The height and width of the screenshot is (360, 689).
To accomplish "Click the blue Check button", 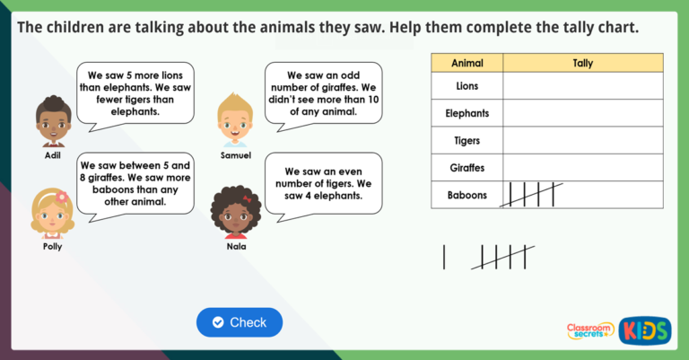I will tap(240, 322).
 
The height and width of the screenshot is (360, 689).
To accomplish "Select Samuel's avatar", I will tap(234, 119).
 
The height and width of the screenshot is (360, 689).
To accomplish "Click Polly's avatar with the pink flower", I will tap(52, 212).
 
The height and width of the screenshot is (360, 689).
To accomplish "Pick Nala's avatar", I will tap(235, 212).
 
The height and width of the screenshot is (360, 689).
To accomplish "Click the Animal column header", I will tap(467, 64).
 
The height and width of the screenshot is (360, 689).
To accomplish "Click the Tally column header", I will tap(582, 64).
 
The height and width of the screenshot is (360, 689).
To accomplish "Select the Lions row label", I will tap(467, 86).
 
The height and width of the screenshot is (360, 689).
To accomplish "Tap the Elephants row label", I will tap(467, 114).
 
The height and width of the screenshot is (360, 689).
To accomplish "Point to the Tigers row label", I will tap(467, 141).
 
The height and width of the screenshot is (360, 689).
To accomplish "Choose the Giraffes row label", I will tap(467, 168).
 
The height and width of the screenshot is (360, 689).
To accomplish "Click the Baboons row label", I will tap(467, 195).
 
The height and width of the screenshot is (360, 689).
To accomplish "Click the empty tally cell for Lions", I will tap(582, 86).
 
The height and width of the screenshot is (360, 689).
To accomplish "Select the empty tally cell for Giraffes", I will tap(582, 168).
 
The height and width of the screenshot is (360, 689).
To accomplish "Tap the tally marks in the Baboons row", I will tap(530, 195).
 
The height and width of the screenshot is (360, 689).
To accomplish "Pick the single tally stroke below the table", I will tap(444, 257).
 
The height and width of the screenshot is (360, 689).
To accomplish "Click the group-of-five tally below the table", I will tap(503, 257).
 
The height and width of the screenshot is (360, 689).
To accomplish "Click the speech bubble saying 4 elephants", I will tap(322, 183).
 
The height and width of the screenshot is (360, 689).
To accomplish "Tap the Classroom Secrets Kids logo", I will tap(618, 329).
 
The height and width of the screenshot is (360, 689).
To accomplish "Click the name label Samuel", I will tap(234, 155).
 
